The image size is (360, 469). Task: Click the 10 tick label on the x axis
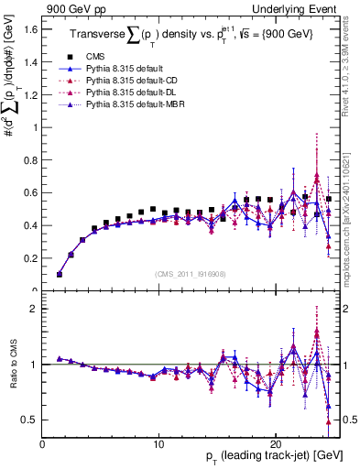coord(158,443)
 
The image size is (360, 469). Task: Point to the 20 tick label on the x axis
coord(275,443)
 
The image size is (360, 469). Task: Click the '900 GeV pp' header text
coord(70,8)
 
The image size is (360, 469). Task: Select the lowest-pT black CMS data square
coord(60,274)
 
